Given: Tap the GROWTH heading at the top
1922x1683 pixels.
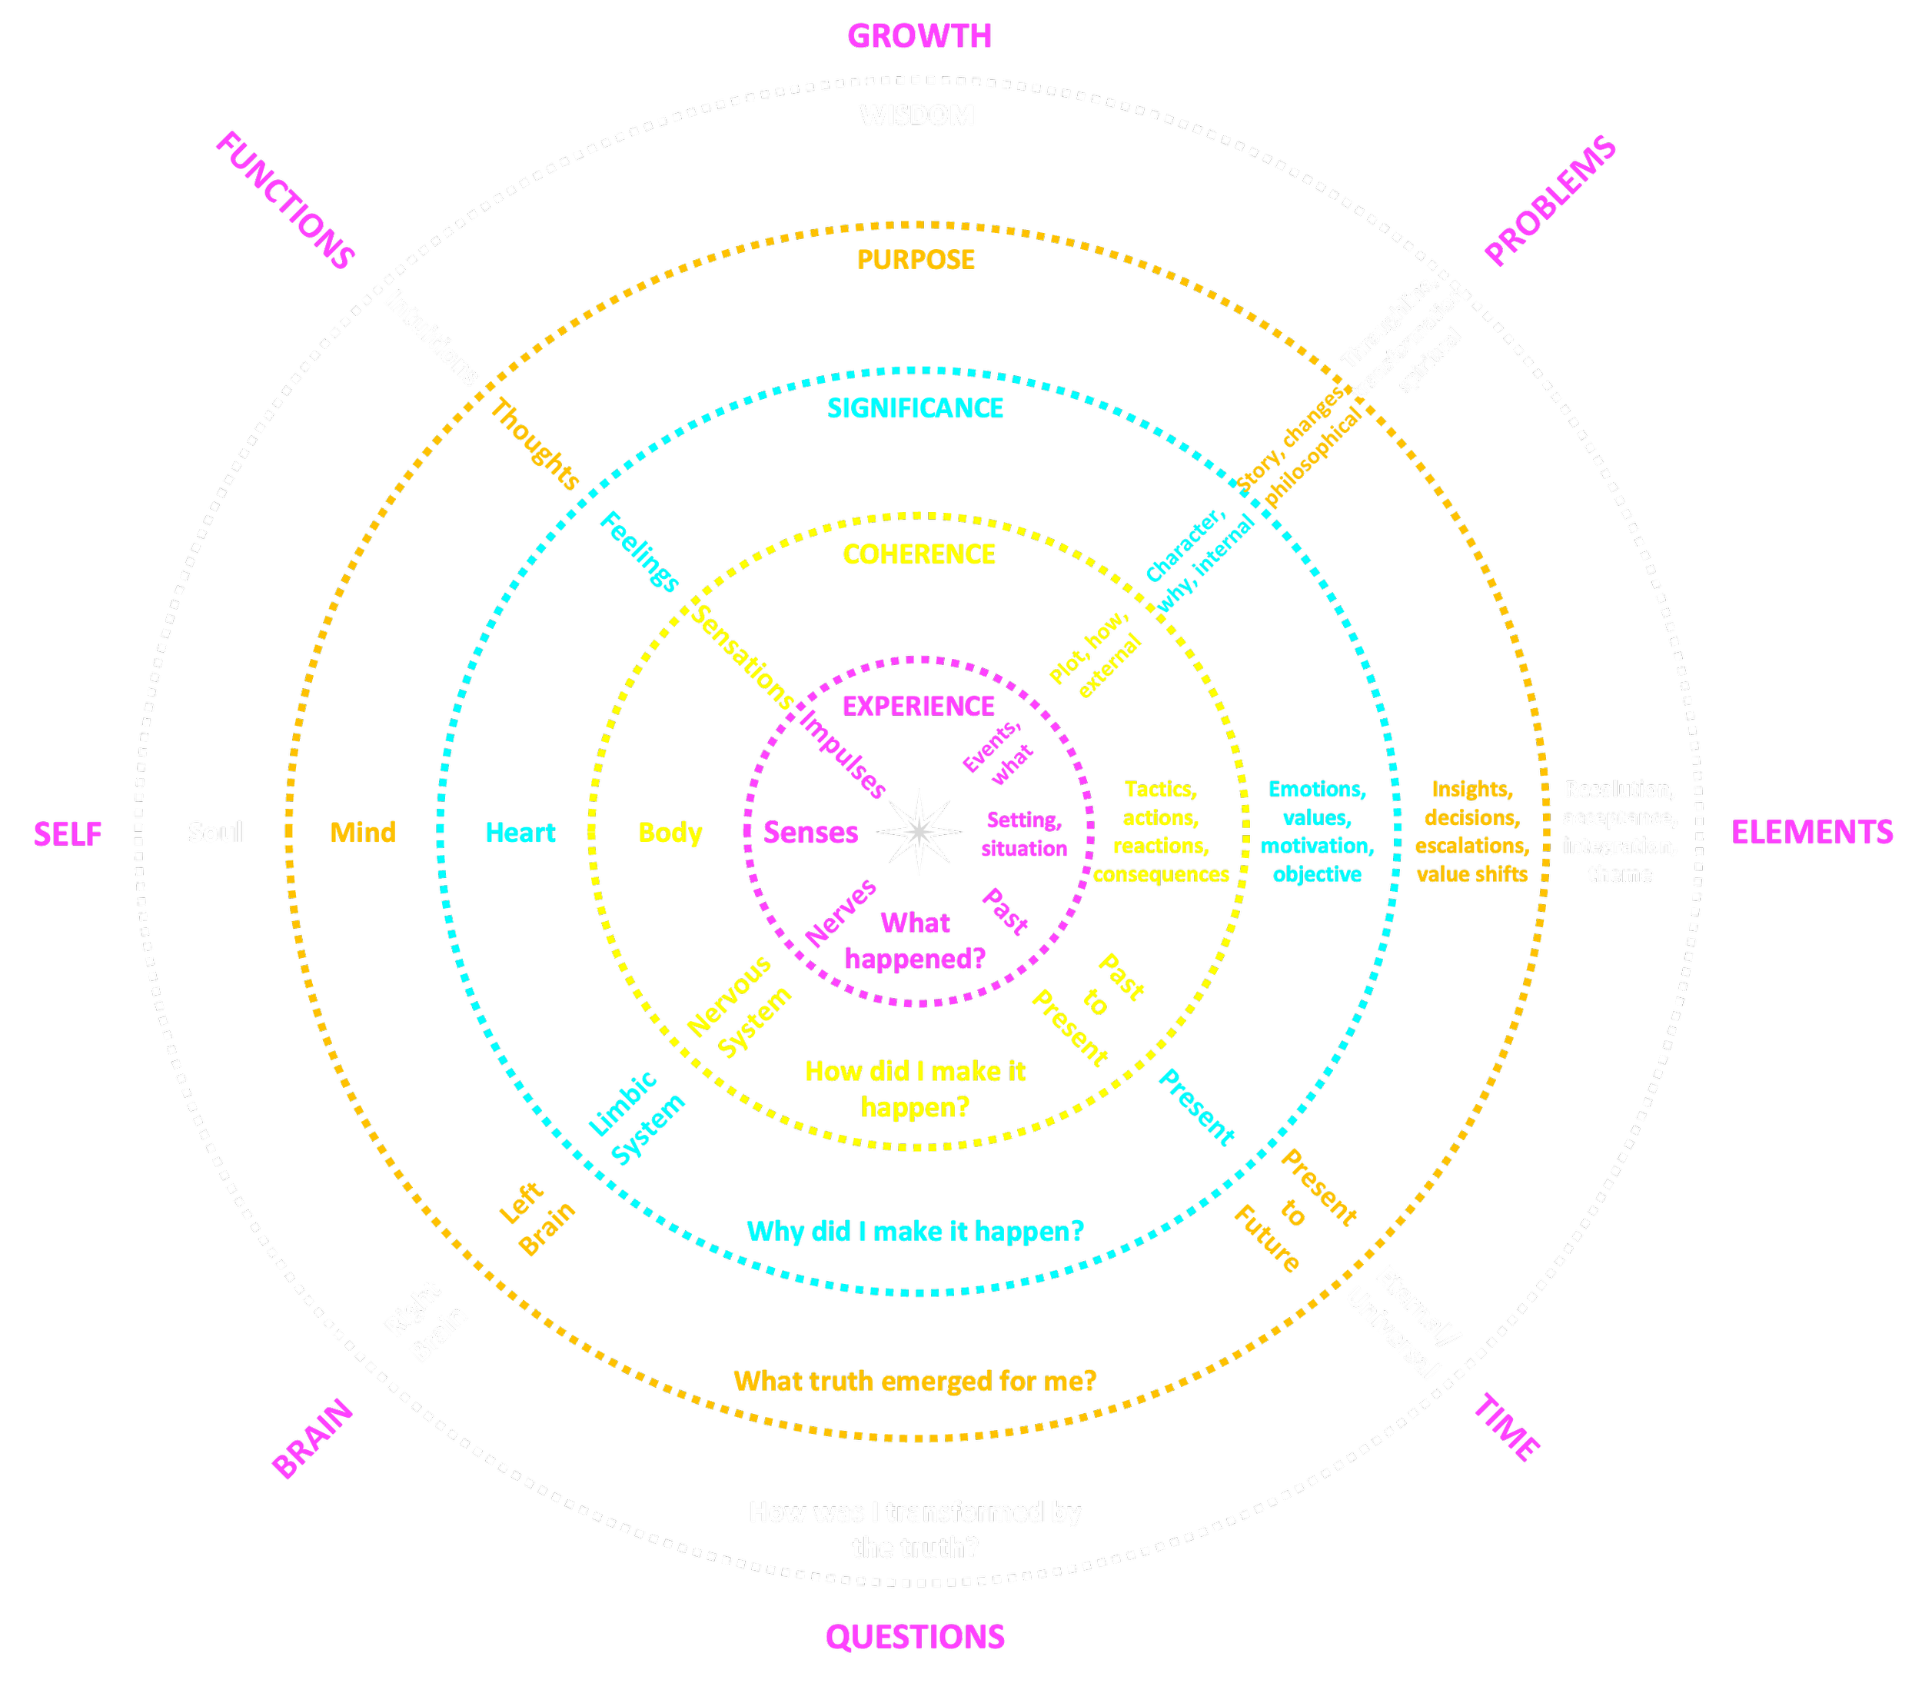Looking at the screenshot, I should coord(919,35).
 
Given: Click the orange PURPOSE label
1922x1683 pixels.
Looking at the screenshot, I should coord(916,259).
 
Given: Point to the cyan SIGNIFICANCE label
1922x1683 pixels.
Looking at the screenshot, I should coord(916,408).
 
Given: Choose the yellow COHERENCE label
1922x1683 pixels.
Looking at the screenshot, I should coord(918,555).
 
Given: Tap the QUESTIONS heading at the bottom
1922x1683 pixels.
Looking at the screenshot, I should coord(915,1637).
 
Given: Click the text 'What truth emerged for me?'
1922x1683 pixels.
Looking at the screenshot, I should coord(915,1382).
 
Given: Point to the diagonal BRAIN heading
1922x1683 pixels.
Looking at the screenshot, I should coord(313,1439).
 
